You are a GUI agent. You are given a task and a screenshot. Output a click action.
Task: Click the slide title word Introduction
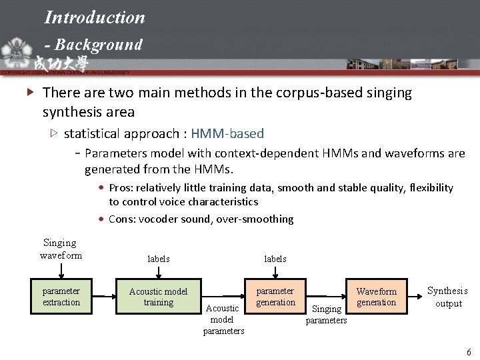(94, 17)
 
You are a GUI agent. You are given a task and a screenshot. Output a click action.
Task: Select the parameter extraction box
(61, 297)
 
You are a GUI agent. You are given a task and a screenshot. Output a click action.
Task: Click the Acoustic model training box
(158, 297)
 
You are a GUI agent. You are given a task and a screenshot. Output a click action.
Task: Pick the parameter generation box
(275, 297)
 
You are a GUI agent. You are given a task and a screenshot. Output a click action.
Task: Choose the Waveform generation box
(376, 297)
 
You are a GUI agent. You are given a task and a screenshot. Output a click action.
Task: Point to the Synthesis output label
(447, 297)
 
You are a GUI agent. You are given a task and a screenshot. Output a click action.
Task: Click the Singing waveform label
(61, 249)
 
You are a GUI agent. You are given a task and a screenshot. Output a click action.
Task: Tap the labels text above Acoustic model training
(159, 259)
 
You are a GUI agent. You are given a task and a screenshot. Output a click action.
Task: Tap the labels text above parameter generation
(275, 259)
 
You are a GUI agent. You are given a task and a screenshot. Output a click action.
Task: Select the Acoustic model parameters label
(223, 319)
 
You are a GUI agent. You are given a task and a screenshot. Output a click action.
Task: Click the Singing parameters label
(326, 315)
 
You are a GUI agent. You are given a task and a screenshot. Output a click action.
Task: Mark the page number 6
(469, 351)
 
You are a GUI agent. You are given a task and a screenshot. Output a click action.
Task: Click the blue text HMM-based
(227, 133)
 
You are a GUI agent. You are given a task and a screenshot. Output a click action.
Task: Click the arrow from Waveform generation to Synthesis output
(413, 296)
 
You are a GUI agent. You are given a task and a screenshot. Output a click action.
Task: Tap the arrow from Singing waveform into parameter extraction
(61, 271)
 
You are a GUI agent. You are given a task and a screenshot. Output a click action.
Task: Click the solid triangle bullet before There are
(28, 93)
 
